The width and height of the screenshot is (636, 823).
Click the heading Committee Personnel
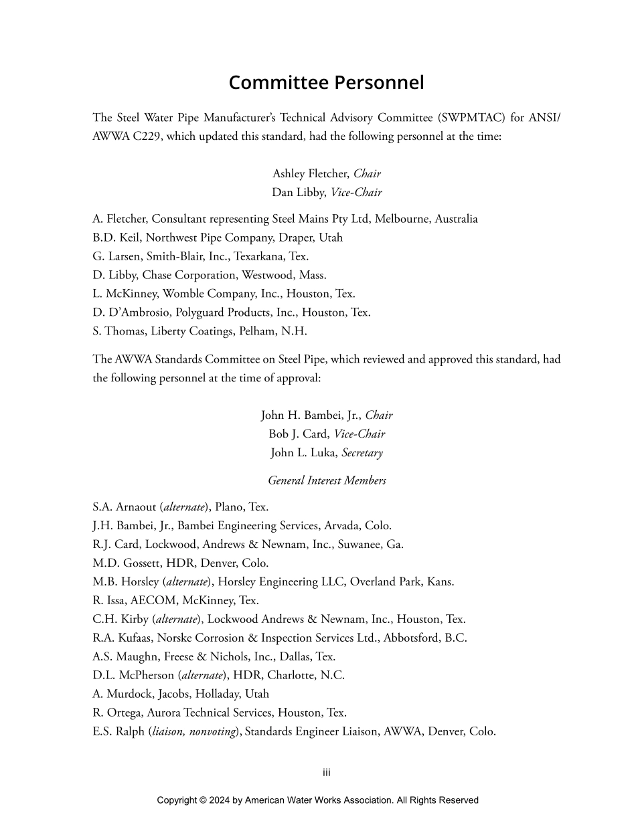(x=326, y=82)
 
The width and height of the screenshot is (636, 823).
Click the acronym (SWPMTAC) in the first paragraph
(x=468, y=118)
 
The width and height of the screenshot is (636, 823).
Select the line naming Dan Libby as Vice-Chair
(x=326, y=193)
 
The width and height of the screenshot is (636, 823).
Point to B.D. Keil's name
(x=116, y=238)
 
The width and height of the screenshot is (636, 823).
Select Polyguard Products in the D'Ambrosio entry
(x=232, y=312)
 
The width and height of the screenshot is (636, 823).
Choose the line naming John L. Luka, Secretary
(x=326, y=453)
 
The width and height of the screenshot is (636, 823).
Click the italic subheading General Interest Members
(x=327, y=480)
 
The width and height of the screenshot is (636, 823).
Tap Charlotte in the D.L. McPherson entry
(x=291, y=676)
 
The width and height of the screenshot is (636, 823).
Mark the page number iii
(x=327, y=773)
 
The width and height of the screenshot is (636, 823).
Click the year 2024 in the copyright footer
(x=220, y=800)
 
